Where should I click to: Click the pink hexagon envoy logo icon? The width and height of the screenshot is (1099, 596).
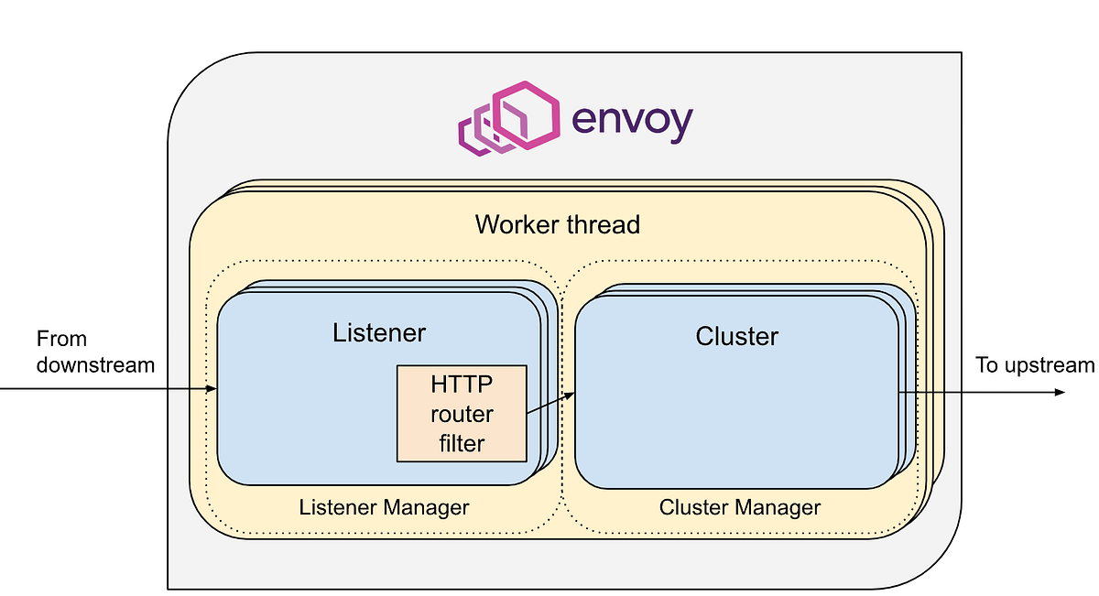coord(506,118)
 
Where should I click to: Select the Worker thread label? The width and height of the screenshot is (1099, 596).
coord(557,224)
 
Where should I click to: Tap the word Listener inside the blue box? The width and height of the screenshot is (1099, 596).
coord(378,332)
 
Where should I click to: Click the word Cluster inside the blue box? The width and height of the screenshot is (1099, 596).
coord(736,336)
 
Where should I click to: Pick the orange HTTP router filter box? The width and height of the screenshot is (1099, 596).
coord(462,413)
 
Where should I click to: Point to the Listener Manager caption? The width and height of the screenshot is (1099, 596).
coord(384,507)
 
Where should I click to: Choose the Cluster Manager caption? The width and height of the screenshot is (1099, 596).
coord(740,507)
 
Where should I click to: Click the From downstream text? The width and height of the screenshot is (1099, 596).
coord(95,352)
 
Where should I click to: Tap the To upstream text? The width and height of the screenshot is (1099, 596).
coord(1034,365)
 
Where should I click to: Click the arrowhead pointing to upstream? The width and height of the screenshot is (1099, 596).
coord(1061,392)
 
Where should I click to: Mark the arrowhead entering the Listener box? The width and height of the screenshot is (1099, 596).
coord(212,389)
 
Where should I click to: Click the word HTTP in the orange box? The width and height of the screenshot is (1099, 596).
coord(462,385)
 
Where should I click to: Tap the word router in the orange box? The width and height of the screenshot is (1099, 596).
coord(462,414)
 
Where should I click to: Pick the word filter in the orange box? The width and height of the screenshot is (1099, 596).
coord(462,443)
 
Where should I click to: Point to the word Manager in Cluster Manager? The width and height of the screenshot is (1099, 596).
coord(779,507)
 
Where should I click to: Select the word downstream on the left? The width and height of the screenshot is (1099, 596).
coord(95,365)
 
